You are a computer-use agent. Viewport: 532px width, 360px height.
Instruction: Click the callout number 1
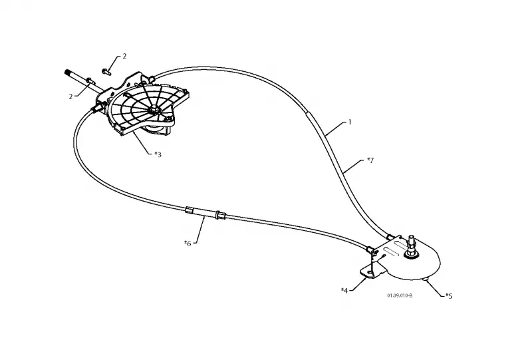pos(350,122)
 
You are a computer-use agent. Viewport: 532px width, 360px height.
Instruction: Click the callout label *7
pos(370,160)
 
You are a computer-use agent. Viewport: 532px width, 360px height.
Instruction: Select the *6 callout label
pos(188,243)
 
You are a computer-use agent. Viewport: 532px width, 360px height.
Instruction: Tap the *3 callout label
pos(158,154)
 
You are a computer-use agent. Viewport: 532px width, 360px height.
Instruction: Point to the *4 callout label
pos(344,291)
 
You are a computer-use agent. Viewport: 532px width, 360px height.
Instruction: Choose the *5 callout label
pos(449,296)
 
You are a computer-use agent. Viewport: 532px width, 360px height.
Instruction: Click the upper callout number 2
pos(124,56)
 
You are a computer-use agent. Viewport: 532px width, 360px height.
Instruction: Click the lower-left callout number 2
pos(70,96)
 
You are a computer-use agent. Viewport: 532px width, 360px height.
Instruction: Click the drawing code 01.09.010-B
pos(400,295)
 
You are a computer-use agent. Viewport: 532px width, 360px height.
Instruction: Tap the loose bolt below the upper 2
pos(106,71)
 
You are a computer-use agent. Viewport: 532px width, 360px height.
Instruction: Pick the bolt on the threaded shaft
pos(90,80)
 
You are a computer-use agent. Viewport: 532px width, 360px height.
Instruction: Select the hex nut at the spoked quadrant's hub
pos(153,109)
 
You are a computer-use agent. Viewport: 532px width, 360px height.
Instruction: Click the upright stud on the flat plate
pos(411,244)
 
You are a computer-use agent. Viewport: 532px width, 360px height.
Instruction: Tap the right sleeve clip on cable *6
pos(221,216)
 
